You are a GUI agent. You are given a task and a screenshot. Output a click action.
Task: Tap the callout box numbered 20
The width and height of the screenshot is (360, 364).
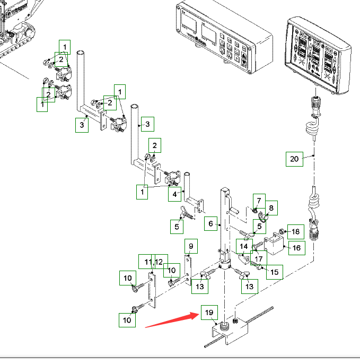pos(294,159)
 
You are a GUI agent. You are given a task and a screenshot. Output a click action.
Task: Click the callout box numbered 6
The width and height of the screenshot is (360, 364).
pos(210,224)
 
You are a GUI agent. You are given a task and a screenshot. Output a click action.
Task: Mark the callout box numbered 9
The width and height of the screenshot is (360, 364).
pos(191,246)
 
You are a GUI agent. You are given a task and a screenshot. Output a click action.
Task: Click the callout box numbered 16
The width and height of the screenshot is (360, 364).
pos(296,247)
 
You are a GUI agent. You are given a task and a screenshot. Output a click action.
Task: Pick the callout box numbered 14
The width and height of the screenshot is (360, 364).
pos(244,246)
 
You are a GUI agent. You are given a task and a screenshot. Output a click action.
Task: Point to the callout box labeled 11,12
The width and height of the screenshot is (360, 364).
pos(154,262)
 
